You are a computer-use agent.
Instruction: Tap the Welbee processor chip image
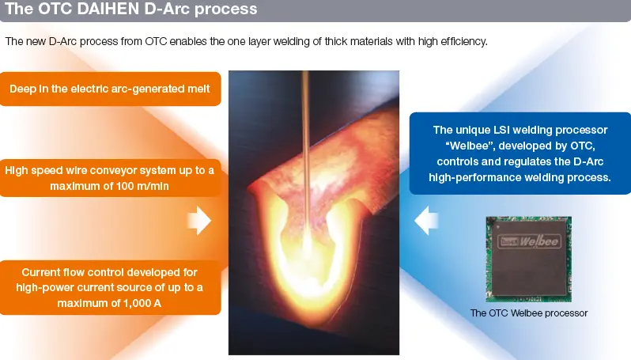528,260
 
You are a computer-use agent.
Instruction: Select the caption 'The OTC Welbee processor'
529,313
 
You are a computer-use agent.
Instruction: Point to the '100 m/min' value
143,186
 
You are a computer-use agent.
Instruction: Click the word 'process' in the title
225,10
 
